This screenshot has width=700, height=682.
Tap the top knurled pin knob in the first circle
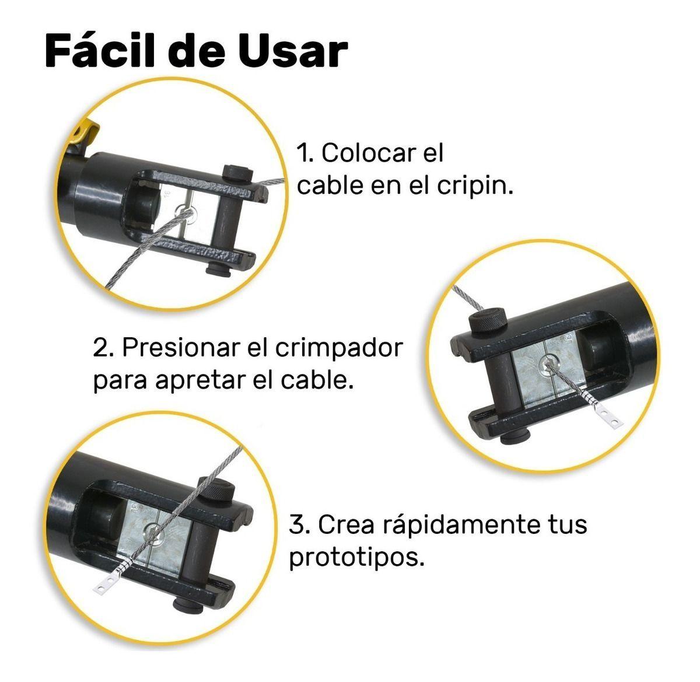[x=237, y=172]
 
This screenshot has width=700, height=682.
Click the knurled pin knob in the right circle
[x=488, y=320]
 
